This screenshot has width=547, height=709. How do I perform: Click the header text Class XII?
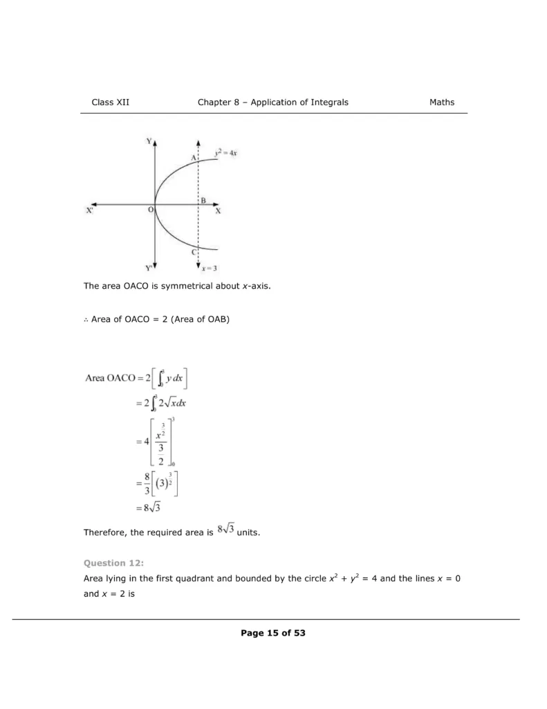[110, 102]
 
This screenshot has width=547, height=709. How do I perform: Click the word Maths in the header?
[442, 102]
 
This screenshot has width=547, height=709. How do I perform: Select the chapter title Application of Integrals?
[299, 102]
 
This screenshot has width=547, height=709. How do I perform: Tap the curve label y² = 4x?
[226, 153]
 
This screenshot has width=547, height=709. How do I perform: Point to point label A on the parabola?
[194, 158]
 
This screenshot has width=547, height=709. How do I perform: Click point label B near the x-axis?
[203, 200]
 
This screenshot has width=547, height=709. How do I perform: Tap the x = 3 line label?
[210, 269]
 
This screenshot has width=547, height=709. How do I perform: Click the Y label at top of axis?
[148, 141]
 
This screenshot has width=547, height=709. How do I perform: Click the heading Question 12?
[109, 563]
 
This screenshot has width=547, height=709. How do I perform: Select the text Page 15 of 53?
[273, 633]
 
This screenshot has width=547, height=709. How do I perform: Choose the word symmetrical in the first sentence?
[189, 286]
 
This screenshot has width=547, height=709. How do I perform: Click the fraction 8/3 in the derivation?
[147, 484]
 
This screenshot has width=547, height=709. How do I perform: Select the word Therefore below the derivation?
[106, 532]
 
